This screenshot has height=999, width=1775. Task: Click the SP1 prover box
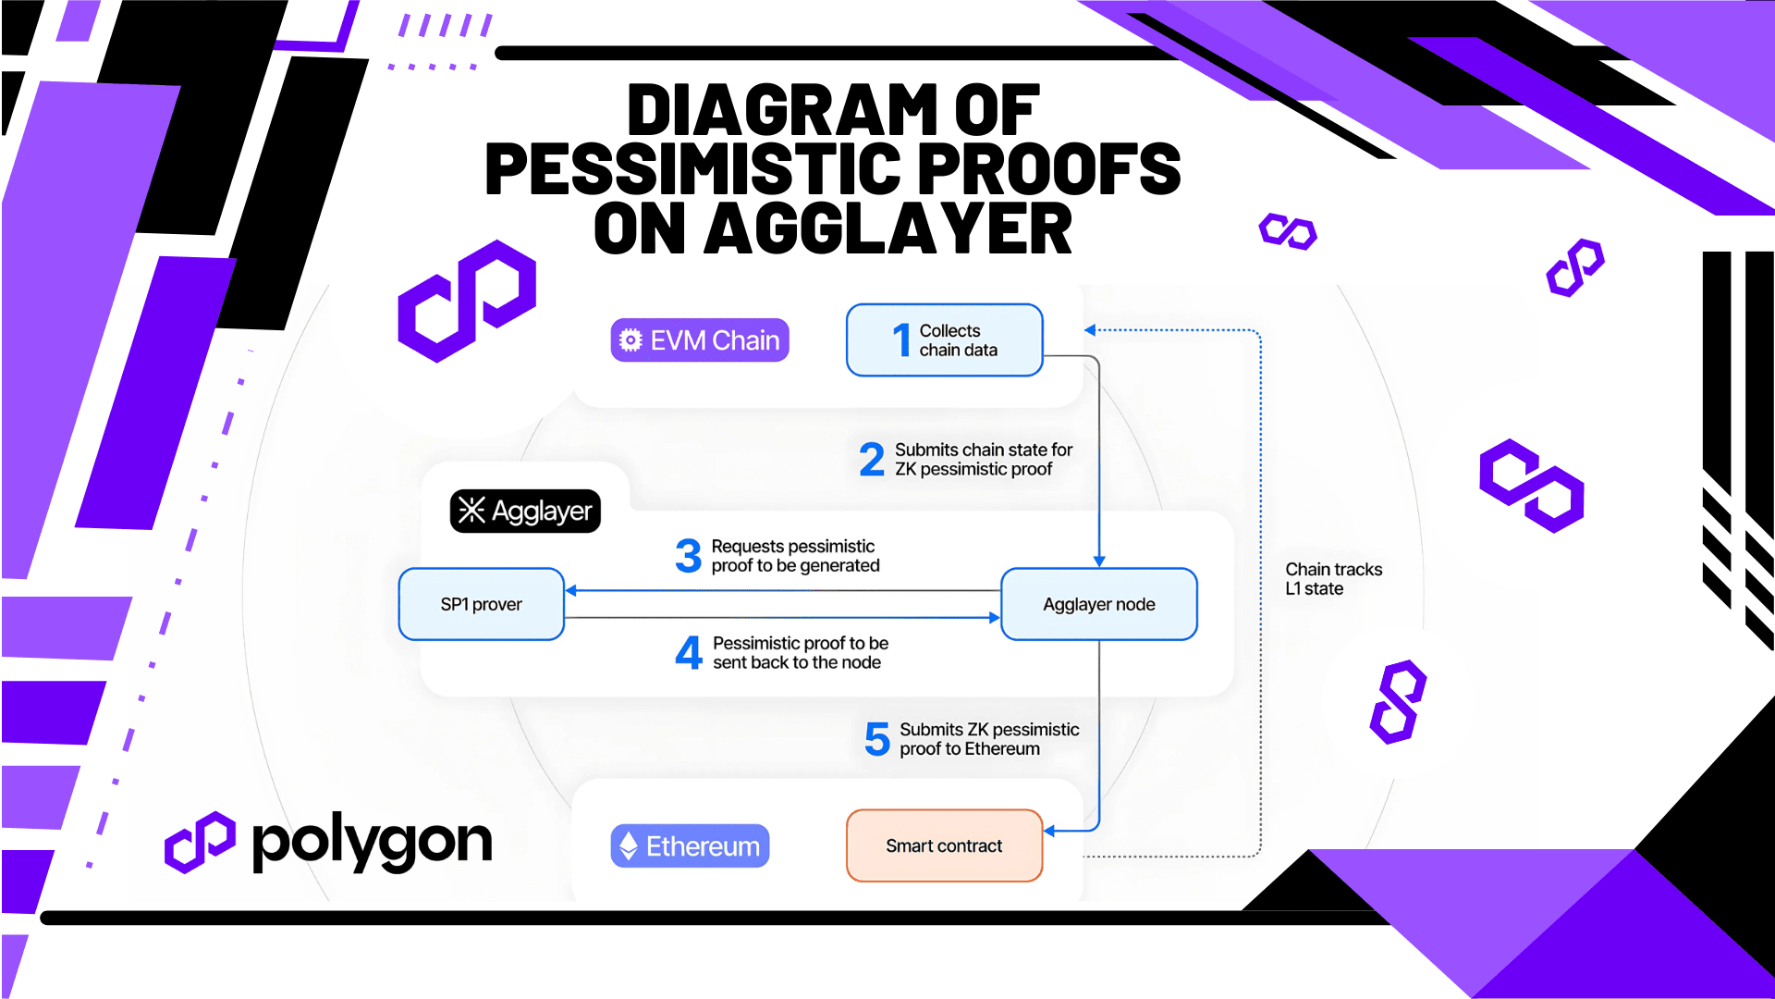pyautogui.click(x=481, y=604)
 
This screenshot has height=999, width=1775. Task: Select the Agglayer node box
pyautogui.click(x=1099, y=604)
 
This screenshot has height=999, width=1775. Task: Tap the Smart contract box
pyautogui.click(x=944, y=845)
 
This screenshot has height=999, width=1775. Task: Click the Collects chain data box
pyautogui.click(x=944, y=340)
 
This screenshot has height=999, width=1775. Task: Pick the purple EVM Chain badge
pyautogui.click(x=700, y=340)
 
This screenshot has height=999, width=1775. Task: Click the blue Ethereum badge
pyautogui.click(x=690, y=845)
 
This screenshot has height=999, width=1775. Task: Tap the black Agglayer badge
pyautogui.click(x=525, y=511)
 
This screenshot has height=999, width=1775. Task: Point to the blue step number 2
pyautogui.click(x=872, y=460)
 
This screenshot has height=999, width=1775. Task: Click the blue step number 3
pyautogui.click(x=688, y=556)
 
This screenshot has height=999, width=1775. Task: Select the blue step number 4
pyautogui.click(x=689, y=652)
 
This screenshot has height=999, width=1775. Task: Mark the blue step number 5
pyautogui.click(x=877, y=739)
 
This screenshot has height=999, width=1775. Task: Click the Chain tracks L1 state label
pyautogui.click(x=1333, y=579)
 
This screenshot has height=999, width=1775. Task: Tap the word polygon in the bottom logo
pyautogui.click(x=372, y=842)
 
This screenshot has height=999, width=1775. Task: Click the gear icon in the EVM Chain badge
pyautogui.click(x=630, y=340)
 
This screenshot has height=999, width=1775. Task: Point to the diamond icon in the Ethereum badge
pyautogui.click(x=629, y=845)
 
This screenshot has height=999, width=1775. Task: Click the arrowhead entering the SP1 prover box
pyautogui.click(x=570, y=590)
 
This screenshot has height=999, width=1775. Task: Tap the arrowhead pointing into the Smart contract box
pyautogui.click(x=1049, y=831)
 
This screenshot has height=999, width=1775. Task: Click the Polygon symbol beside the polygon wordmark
pyautogui.click(x=200, y=842)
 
